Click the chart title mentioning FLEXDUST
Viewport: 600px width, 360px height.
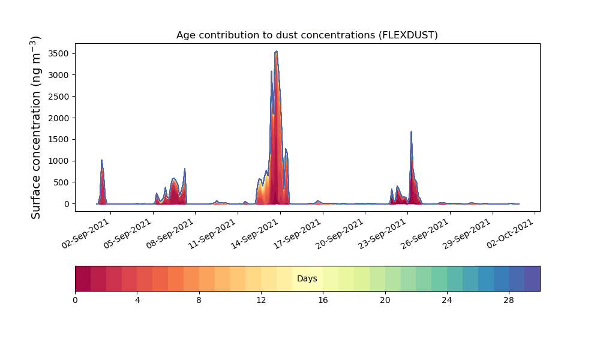point(307,35)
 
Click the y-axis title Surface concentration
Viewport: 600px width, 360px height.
point(35,127)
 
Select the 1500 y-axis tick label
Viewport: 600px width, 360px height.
point(59,140)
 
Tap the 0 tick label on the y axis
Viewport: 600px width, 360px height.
point(67,204)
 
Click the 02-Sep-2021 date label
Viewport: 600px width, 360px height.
point(85,234)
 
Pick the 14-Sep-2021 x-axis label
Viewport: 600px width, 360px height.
point(255,234)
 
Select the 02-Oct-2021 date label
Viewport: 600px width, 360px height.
point(510,234)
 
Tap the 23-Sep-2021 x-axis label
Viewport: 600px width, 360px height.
point(382,234)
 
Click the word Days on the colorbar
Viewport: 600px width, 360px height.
point(307,278)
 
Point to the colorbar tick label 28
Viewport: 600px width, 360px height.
point(509,301)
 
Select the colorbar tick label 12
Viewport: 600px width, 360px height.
point(261,301)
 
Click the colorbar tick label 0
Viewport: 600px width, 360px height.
point(75,301)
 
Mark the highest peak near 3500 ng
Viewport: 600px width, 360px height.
point(276,51)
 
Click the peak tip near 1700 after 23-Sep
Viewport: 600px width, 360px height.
point(411,131)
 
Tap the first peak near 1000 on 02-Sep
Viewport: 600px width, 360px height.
point(101,160)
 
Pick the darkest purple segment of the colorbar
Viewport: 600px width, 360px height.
point(532,278)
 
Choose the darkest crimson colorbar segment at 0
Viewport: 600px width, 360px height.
point(83,278)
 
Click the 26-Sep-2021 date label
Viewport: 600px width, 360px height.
point(424,234)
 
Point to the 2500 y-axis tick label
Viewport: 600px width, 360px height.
point(59,97)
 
